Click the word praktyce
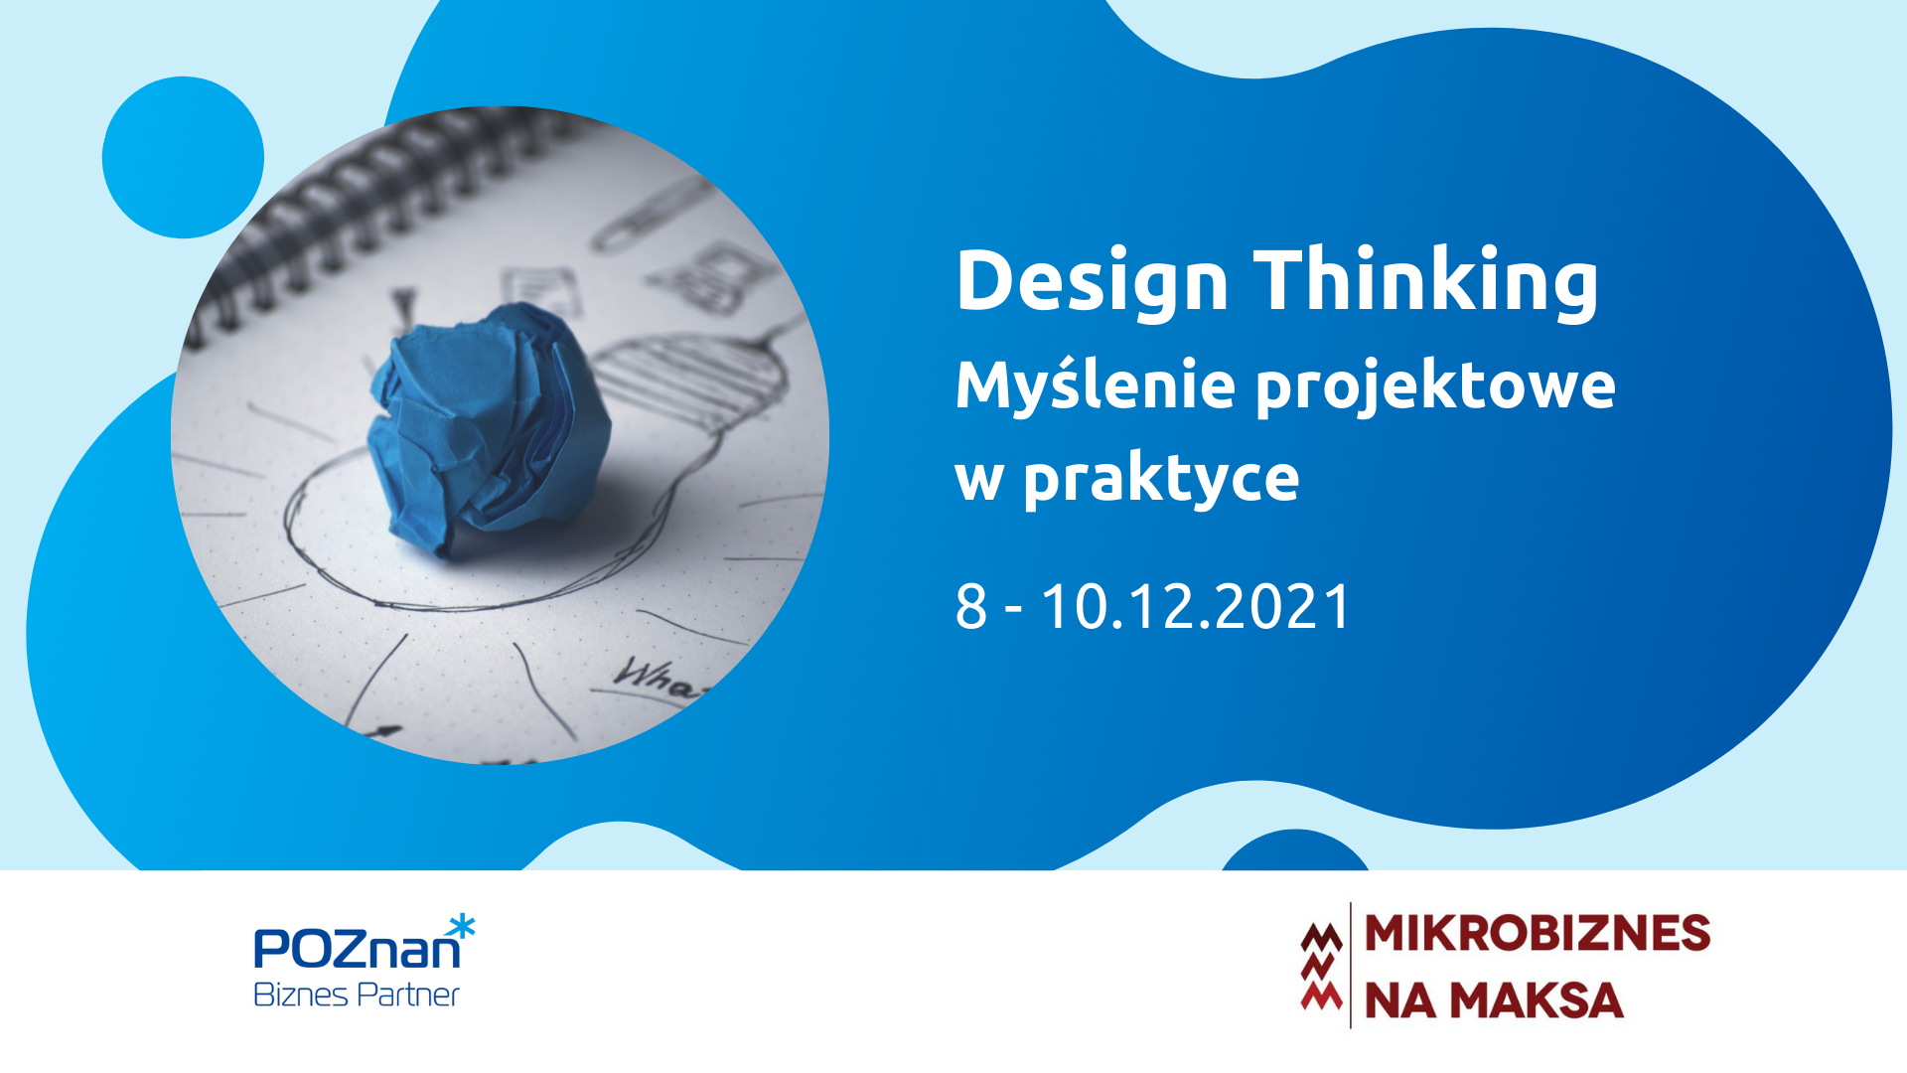pyautogui.click(x=1161, y=481)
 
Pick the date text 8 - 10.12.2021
pyautogui.click(x=1152, y=606)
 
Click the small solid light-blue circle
pyautogui.click(x=183, y=157)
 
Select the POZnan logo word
pyautogui.click(x=357, y=948)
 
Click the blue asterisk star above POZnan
pyautogui.click(x=461, y=928)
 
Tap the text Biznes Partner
pyautogui.click(x=357, y=995)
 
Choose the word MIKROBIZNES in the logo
pyautogui.click(x=1538, y=933)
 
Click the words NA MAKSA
pyautogui.click(x=1494, y=1000)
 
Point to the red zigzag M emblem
pyautogui.click(x=1322, y=966)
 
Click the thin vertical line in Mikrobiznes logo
pyautogui.click(x=1351, y=965)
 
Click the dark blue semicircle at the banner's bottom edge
pyautogui.click(x=1295, y=850)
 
